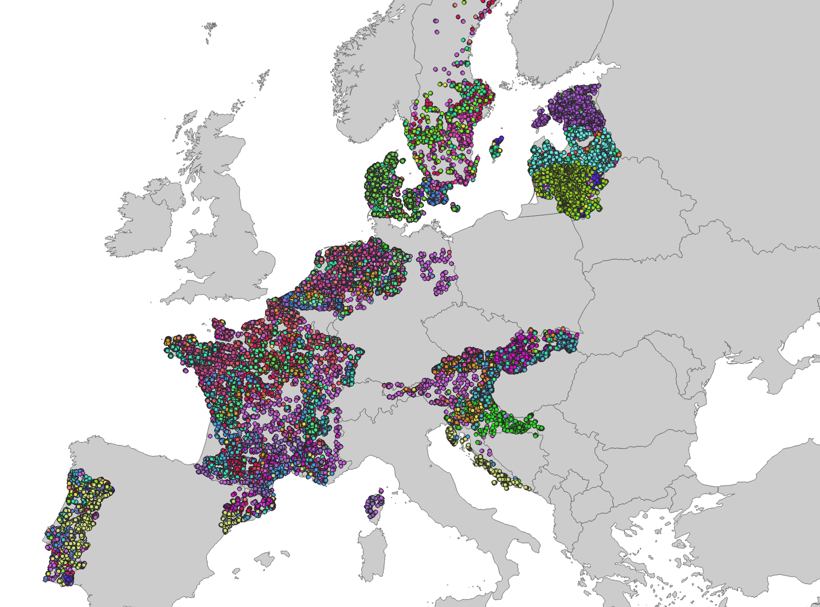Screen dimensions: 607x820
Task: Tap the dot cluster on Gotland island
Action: point(497,147)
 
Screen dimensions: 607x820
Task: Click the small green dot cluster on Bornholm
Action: point(455,207)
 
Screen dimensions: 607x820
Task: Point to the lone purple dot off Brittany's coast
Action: point(186,371)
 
